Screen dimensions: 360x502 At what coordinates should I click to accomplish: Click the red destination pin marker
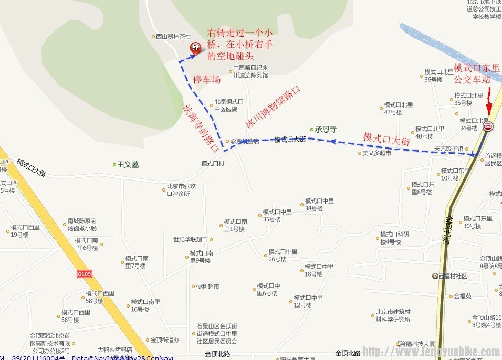pyautogui.click(x=195, y=49)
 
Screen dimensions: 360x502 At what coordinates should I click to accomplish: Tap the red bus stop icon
pyautogui.click(x=488, y=126)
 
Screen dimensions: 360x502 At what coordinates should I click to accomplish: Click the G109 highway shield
pyautogui.click(x=84, y=273)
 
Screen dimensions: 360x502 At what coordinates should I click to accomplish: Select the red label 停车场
pyautogui.click(x=207, y=80)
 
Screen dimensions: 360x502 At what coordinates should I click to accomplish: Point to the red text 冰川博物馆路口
pyautogui.click(x=274, y=107)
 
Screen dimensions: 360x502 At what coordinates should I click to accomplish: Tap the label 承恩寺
pyautogui.click(x=326, y=129)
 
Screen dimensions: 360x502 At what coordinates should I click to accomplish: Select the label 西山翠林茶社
pyautogui.click(x=173, y=37)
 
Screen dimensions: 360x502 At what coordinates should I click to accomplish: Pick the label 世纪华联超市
pyautogui.click(x=190, y=239)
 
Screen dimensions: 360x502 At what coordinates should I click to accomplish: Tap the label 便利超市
pyautogui.click(x=207, y=287)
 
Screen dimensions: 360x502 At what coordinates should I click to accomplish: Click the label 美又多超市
pyautogui.click(x=376, y=153)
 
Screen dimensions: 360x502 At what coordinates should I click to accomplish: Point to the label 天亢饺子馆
pyautogui.click(x=448, y=149)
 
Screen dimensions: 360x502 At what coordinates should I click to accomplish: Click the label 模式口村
pyautogui.click(x=213, y=163)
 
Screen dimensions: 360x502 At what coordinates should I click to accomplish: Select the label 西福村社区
pyautogui.click(x=453, y=276)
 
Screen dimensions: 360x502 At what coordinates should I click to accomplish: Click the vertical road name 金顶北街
pyautogui.click(x=447, y=229)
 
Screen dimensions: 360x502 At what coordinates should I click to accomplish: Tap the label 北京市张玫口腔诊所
pyautogui.click(x=181, y=189)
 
